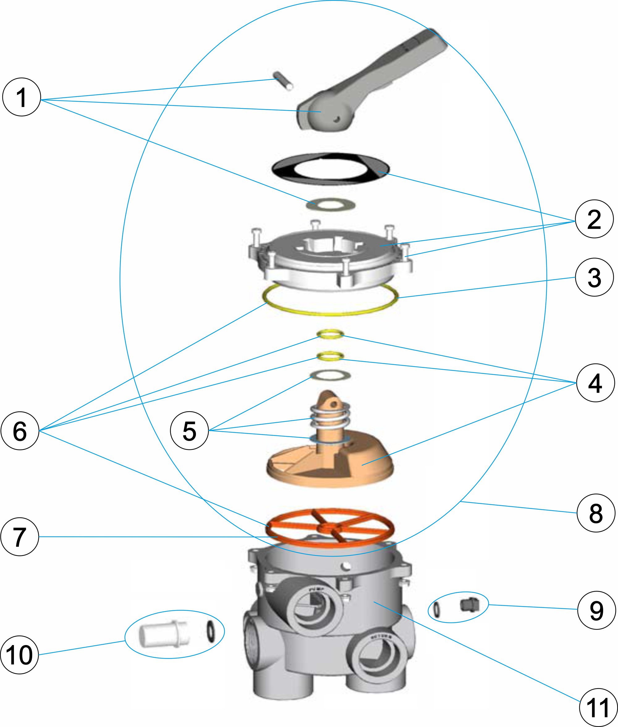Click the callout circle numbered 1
coord(21,97)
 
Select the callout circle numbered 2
coord(595,219)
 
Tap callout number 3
coord(595,277)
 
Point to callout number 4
coord(595,383)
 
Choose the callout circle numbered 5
coord(189,431)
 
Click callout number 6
coord(20,431)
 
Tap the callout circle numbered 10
coord(19,655)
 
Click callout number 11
coord(598,708)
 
